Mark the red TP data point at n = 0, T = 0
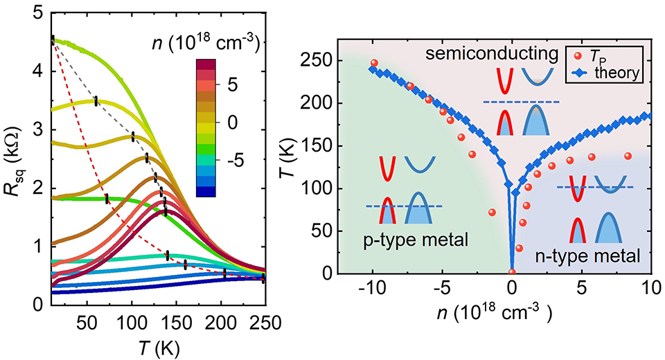tap(512, 272)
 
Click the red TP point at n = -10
tap(374, 63)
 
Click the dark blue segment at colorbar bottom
tap(206, 192)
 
